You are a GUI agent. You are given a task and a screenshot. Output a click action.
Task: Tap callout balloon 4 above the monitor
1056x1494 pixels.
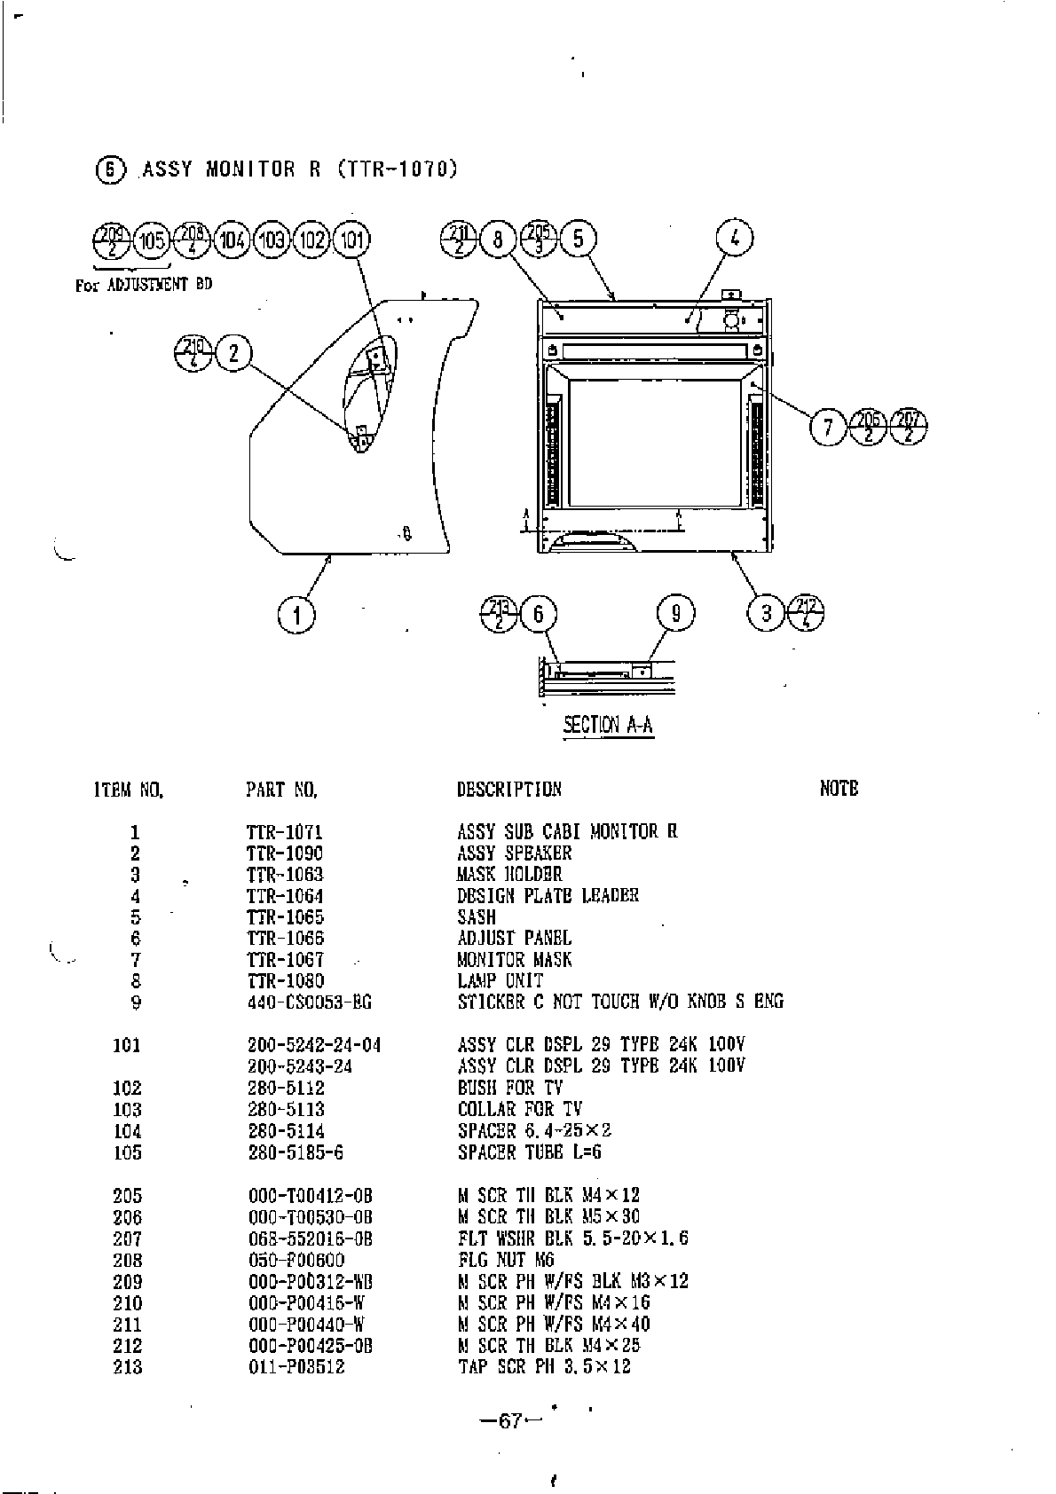pos(735,239)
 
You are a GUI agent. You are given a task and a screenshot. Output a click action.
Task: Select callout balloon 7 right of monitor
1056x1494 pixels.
pos(828,429)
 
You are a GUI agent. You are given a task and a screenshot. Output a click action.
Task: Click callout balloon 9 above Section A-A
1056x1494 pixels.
pos(675,614)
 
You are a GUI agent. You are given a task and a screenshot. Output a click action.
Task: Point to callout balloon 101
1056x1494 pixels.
pos(352,240)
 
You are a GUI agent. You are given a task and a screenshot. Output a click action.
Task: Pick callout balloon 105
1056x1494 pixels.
pos(152,240)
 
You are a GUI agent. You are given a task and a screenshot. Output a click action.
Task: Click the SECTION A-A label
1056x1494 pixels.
pos(609,725)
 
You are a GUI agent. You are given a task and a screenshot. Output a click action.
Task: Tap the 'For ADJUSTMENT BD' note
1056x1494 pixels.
pos(144,285)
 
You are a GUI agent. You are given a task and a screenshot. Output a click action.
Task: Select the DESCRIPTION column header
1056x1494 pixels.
pos(508,789)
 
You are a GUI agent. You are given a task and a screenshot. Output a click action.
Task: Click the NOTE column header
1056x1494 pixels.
pos(839,788)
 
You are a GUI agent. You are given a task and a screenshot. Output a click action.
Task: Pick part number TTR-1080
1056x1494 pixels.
pos(285,981)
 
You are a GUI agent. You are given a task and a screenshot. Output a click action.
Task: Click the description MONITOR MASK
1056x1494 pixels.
pos(515,960)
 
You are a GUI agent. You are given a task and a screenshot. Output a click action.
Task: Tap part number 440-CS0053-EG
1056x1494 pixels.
pos(309,1003)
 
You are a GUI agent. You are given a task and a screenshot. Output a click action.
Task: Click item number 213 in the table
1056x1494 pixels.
pos(128,1367)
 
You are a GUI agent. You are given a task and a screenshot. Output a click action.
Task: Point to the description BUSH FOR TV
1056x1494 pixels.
pos(510,1088)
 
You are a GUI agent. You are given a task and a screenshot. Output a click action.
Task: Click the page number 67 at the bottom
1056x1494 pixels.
pos(509,1420)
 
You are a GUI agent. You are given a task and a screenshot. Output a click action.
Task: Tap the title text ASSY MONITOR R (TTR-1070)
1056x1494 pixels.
pos(299,169)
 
